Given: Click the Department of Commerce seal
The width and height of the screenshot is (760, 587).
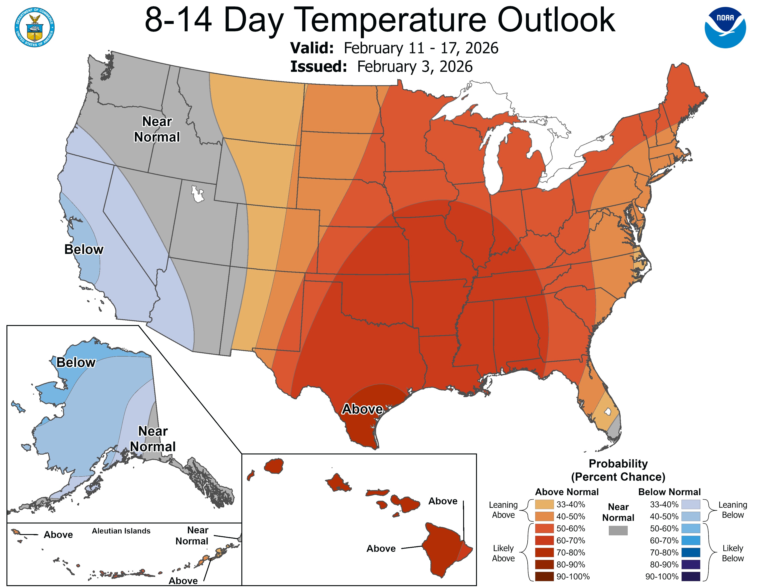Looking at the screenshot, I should pyautogui.click(x=35, y=27).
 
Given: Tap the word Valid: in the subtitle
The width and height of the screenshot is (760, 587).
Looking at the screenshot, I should pyautogui.click(x=312, y=48).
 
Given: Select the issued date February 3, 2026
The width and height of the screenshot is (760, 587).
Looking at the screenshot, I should pyautogui.click(x=415, y=67).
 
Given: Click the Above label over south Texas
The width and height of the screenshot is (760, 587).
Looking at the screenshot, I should pyautogui.click(x=362, y=409).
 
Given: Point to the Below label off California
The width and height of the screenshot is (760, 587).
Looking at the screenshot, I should pyautogui.click(x=84, y=249).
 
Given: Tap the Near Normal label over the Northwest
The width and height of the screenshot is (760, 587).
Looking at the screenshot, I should pyautogui.click(x=157, y=129).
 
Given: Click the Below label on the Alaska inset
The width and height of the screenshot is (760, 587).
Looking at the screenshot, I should pyautogui.click(x=76, y=362).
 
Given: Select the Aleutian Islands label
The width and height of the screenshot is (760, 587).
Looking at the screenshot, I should pyautogui.click(x=121, y=531).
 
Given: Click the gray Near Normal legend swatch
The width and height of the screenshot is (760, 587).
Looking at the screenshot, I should pyautogui.click(x=618, y=530).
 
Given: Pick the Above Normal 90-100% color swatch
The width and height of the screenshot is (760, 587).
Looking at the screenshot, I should pyautogui.click(x=544, y=577).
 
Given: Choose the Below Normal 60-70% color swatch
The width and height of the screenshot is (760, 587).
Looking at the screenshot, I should pyautogui.click(x=690, y=541).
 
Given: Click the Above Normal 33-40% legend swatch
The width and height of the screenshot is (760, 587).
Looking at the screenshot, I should pyautogui.click(x=544, y=504).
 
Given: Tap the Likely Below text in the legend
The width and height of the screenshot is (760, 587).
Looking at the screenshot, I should pyautogui.click(x=733, y=553).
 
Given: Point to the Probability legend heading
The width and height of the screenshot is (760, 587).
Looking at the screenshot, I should pyautogui.click(x=618, y=464).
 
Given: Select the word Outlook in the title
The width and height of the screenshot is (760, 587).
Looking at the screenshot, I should pyautogui.click(x=556, y=20).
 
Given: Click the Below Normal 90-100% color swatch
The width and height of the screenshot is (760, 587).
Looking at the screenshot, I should pyautogui.click(x=690, y=577).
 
